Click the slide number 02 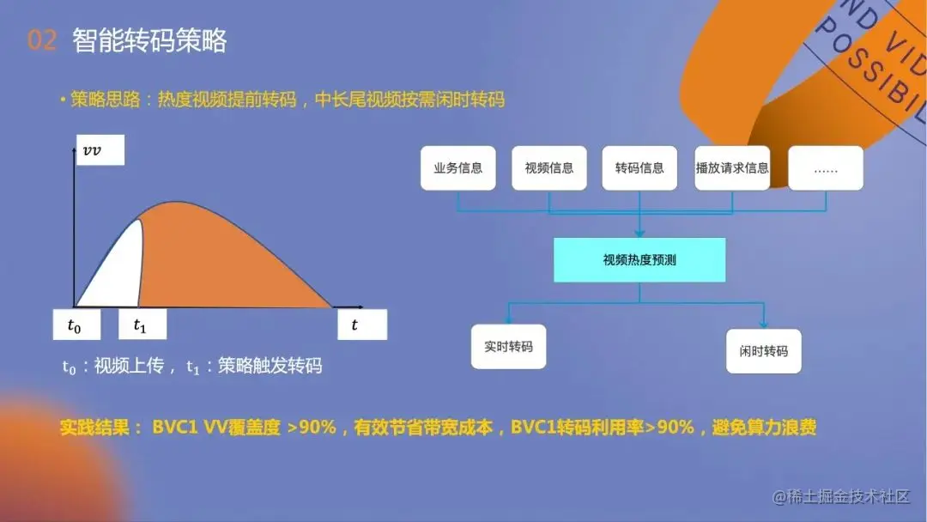coord(41,40)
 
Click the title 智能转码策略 coord(150,40)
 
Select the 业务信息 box coord(458,168)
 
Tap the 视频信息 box coord(549,168)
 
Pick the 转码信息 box coord(639,168)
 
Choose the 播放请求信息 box coord(732,168)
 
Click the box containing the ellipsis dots coord(825,168)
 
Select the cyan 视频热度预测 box coord(639,259)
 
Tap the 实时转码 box coord(508,347)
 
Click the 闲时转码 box coord(764,351)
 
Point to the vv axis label coord(100,151)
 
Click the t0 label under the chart coord(76,325)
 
